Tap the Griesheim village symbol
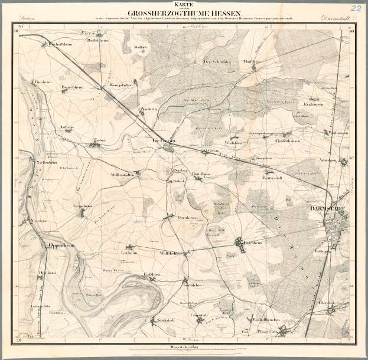239,242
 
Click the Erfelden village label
152,275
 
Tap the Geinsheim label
83,206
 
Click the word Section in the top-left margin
27,19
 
